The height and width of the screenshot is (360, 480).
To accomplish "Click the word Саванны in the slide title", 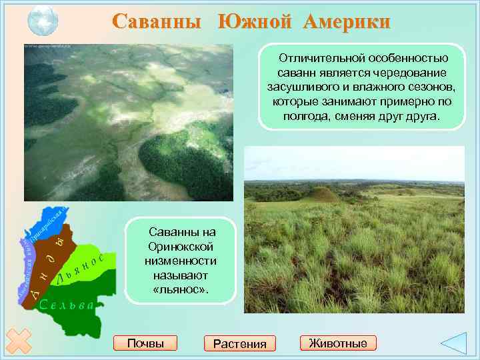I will pos(156,21).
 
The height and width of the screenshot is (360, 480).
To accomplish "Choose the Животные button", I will pos(338,343).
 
